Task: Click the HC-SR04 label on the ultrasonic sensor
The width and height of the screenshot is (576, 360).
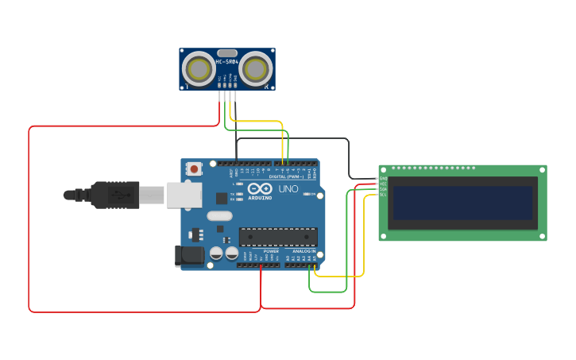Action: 227,61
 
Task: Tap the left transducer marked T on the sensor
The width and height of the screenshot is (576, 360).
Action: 198,69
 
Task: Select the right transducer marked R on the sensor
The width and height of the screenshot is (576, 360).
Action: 256,69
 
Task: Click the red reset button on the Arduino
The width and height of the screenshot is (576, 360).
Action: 195,168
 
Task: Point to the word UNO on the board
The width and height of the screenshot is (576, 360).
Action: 288,189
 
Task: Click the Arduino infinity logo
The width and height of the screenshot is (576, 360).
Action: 260,189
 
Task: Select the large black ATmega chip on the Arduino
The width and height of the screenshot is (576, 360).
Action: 278,237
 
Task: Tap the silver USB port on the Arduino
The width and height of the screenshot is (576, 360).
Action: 184,195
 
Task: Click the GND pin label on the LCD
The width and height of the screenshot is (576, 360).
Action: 383,179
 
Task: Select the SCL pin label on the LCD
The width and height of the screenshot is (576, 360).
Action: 383,194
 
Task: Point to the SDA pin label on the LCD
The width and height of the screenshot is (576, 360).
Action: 383,189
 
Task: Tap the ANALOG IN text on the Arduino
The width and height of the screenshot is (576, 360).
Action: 301,251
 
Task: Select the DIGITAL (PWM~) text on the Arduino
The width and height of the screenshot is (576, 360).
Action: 294,176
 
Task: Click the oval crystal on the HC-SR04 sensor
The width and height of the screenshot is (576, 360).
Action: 227,52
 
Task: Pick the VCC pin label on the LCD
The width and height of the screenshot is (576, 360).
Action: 383,184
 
